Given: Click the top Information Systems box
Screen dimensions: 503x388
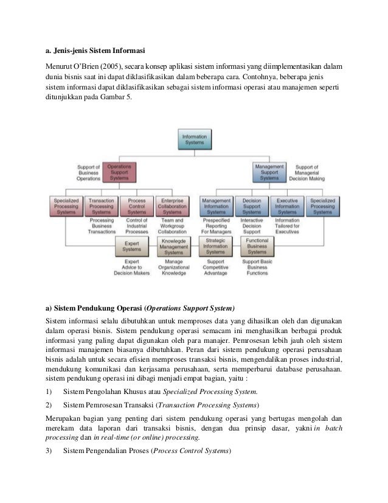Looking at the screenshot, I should pyautogui.click(x=195, y=139).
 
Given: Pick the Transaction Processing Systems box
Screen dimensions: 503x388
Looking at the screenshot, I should pyautogui.click(x=102, y=206).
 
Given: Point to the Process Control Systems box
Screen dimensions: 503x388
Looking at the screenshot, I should pyautogui.click(x=137, y=206).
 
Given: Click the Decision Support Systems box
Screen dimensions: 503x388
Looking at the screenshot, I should pyautogui.click(x=252, y=206).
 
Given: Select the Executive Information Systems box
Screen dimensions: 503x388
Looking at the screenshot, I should pyautogui.click(x=287, y=206).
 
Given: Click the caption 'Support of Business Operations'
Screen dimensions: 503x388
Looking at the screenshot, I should pyautogui.click(x=88, y=173).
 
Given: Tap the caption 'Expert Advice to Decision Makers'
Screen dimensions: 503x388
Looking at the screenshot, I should pyautogui.click(x=131, y=267).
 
